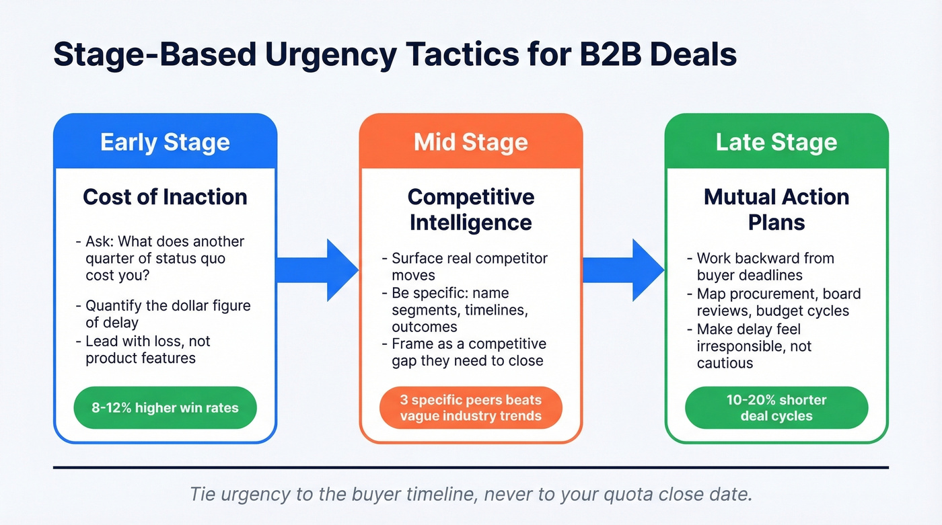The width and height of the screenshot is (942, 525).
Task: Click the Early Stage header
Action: (165, 143)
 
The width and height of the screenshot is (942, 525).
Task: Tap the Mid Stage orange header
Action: (470, 143)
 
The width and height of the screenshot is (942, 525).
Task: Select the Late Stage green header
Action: (776, 143)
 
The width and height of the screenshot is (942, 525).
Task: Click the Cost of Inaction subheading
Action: (165, 197)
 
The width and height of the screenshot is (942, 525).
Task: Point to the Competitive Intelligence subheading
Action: (470, 209)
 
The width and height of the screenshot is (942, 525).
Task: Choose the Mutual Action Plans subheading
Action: (776, 209)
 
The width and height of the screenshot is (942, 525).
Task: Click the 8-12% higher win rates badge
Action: (165, 407)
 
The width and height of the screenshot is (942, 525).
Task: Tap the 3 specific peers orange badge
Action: (470, 407)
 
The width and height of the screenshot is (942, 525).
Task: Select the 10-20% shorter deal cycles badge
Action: (776, 407)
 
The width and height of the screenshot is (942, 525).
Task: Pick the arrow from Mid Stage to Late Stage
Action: (623, 270)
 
